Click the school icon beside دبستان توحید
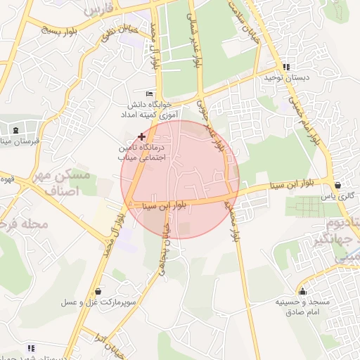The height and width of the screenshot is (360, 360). click(285, 67)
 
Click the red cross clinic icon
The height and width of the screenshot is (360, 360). click(142, 136)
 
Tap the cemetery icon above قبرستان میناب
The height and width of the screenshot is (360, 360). click(15, 130)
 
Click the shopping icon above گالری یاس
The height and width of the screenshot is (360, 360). click(340, 186)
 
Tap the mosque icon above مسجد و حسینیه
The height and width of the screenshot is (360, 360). click(303, 292)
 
